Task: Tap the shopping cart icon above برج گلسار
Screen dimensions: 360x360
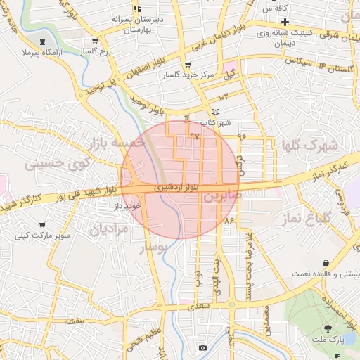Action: pos(95,41)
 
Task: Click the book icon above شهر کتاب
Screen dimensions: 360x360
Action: pos(215,112)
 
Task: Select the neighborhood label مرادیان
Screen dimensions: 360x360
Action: pos(110,229)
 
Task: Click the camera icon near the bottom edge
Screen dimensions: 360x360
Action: pos(202,347)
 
